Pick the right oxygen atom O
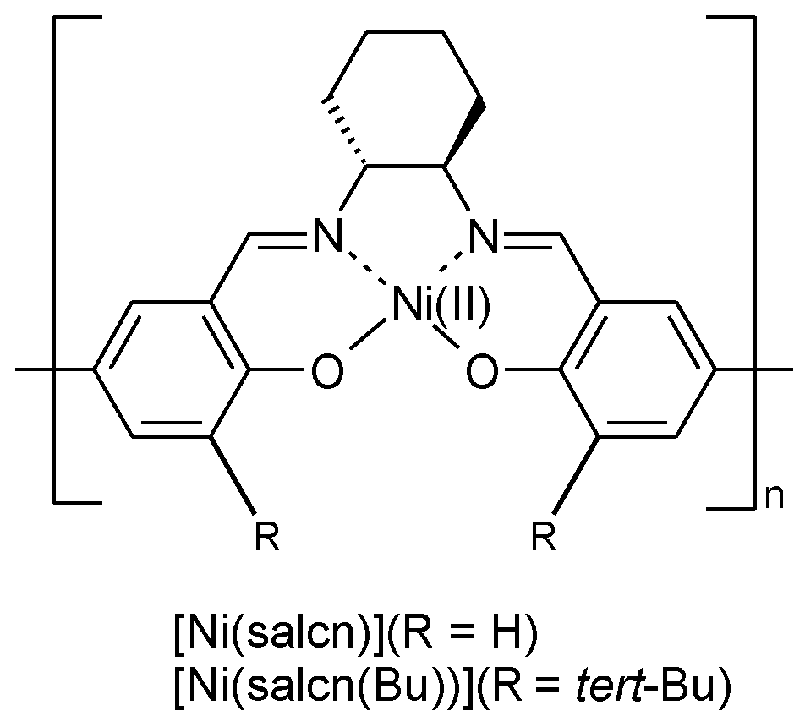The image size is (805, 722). point(480,372)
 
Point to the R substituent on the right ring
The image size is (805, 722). point(545,538)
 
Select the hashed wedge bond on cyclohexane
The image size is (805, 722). point(345,135)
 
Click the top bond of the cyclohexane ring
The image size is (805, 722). point(405,34)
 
